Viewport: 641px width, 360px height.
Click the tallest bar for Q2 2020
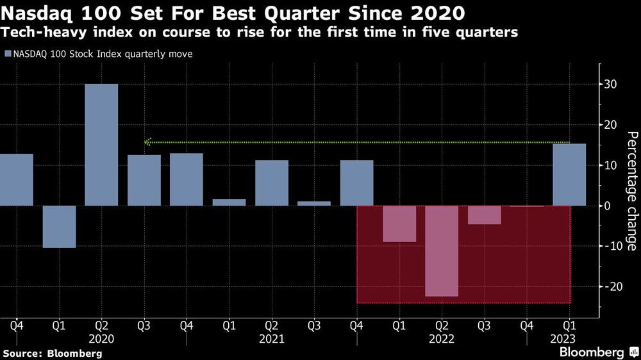point(101,145)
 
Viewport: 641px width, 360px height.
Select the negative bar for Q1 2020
point(59,226)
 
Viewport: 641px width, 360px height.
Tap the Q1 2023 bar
point(569,174)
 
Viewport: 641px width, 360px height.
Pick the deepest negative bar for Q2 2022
point(442,251)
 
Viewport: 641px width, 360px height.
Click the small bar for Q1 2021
point(229,202)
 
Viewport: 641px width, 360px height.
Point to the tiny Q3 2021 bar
point(314,204)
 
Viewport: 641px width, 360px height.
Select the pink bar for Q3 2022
point(484,215)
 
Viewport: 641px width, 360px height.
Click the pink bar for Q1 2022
point(399,224)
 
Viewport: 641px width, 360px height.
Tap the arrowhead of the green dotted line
point(147,142)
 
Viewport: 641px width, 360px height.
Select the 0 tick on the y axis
point(612,206)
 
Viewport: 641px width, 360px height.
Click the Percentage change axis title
point(631,191)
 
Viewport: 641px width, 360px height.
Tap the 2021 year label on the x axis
point(271,339)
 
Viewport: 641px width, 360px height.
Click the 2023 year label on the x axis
point(563,339)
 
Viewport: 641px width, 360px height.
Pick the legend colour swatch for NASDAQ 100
point(7,54)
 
